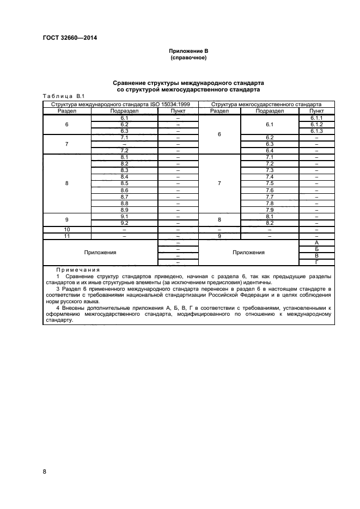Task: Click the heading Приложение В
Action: point(188,51)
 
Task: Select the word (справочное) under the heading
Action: point(188,58)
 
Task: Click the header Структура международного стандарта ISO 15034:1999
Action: point(120,104)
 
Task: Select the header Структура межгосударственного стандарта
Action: point(266,104)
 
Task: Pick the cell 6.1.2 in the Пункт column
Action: point(316,124)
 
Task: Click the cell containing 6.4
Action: point(269,151)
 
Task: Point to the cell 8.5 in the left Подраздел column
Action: point(124,183)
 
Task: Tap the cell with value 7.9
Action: point(269,210)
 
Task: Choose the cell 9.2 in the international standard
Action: point(124,223)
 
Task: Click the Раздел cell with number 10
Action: point(67,230)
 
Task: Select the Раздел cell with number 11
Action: point(67,236)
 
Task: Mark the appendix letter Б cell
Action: point(316,249)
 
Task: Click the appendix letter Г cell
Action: point(316,262)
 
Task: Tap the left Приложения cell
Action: point(100,253)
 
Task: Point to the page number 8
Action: point(45,471)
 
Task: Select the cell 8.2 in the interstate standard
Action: point(269,223)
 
